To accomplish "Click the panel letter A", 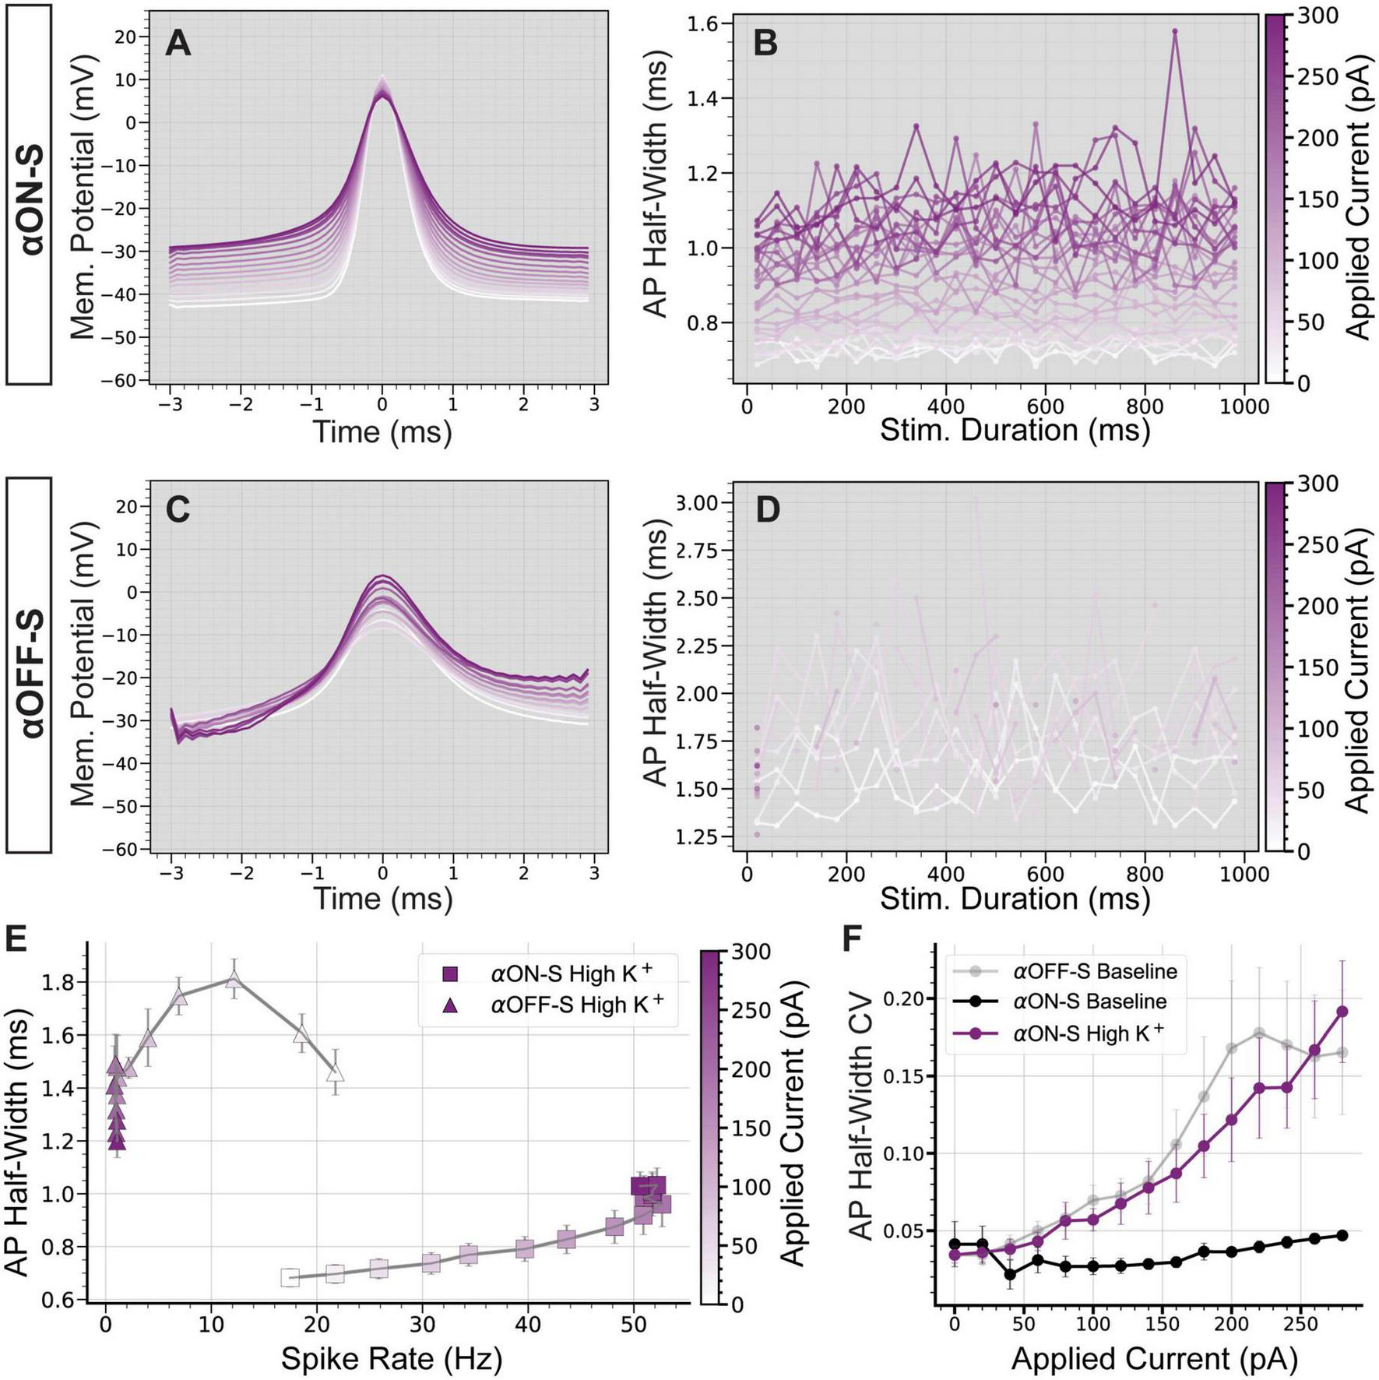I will point(178,43).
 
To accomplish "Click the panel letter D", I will point(768,510).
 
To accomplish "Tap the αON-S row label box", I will point(29,195).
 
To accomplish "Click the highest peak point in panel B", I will point(1175,31).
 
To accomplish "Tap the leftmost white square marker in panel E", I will point(290,1277).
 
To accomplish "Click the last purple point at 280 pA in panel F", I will point(1342,1012).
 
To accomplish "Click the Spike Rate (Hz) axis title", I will point(391,1358).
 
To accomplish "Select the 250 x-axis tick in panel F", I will point(1300,1325).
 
